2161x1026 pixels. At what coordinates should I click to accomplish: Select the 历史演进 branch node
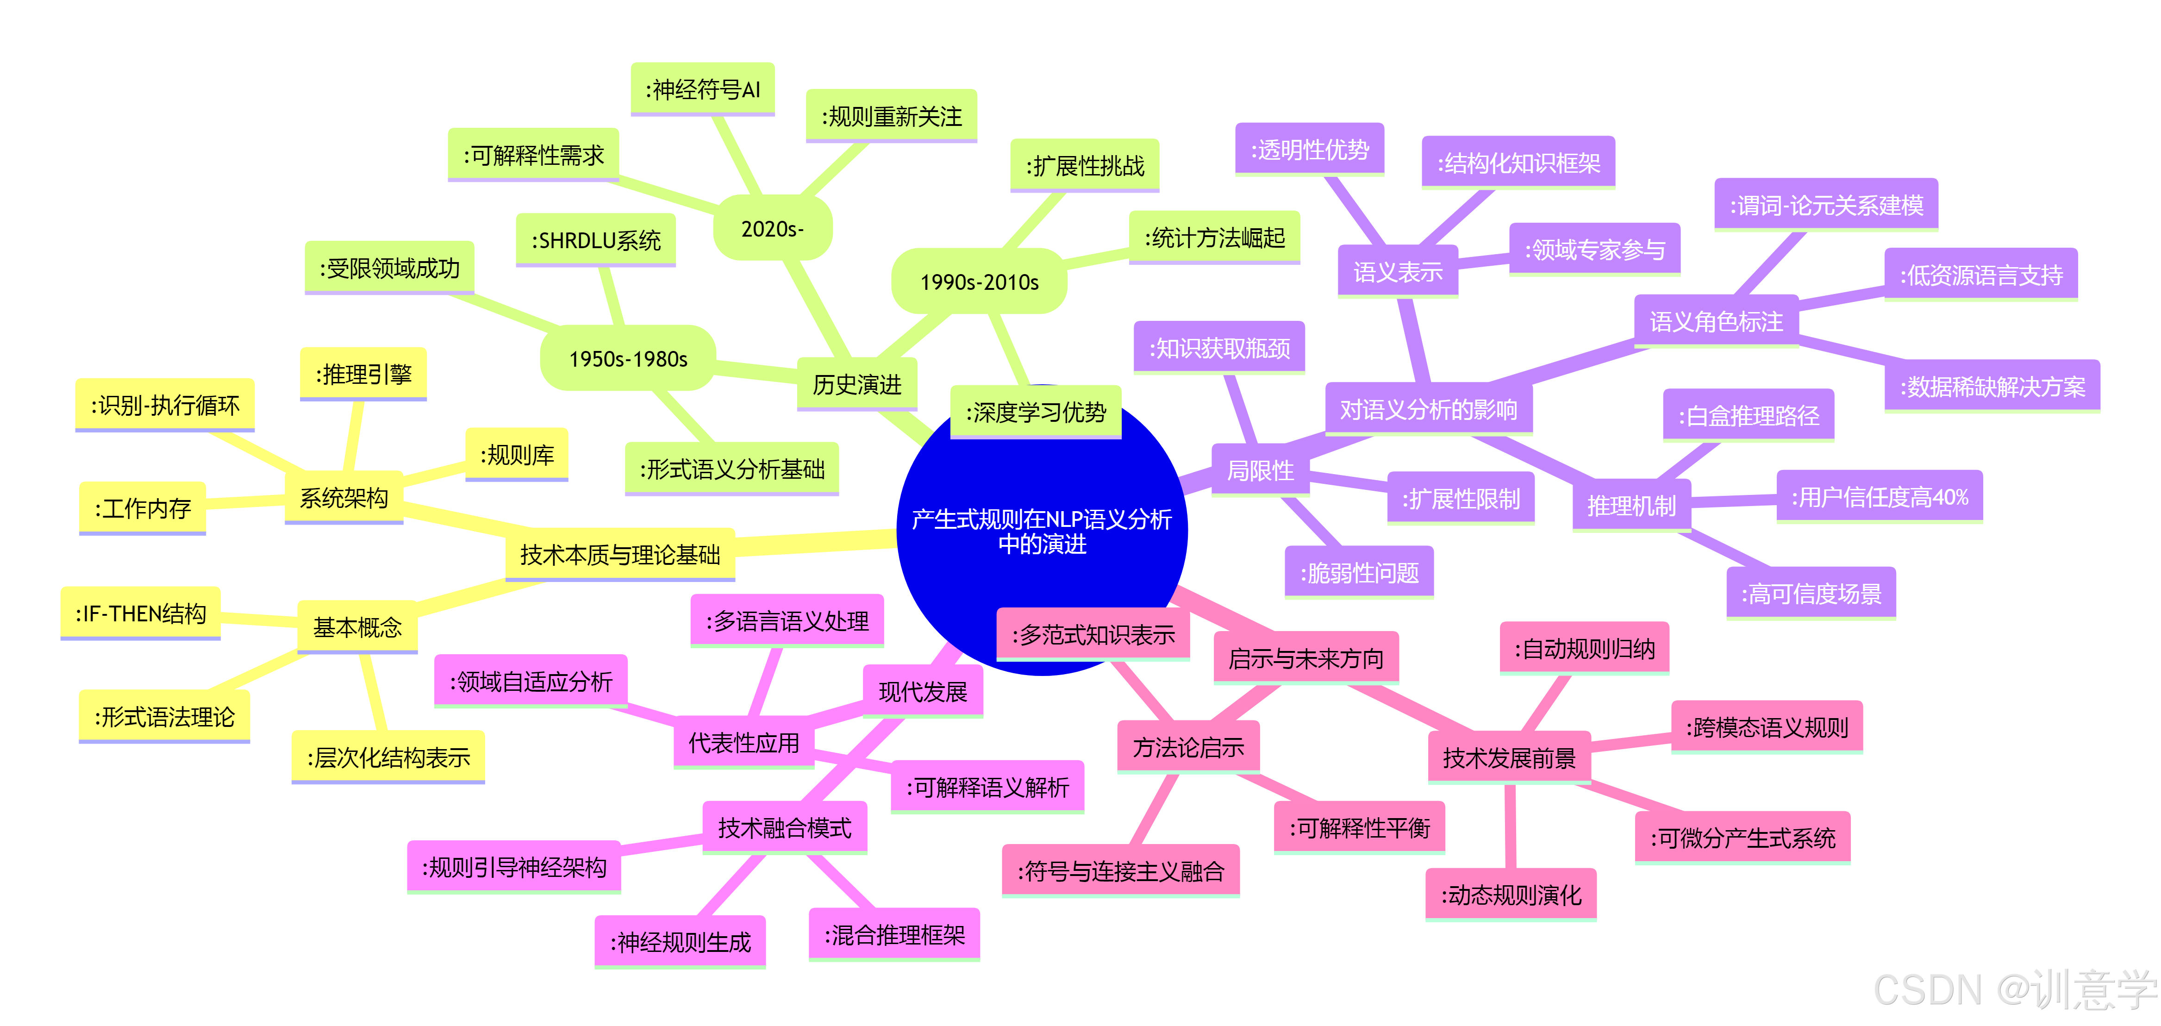coord(856,384)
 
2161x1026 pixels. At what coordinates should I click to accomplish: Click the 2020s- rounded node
coord(772,228)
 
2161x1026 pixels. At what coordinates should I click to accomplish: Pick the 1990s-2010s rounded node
coord(979,282)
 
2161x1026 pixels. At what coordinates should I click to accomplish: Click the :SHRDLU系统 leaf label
coord(596,241)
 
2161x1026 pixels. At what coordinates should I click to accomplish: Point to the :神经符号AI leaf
coord(702,89)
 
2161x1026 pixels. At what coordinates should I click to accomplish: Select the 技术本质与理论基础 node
coord(620,555)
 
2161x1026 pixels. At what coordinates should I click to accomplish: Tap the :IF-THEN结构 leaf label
coord(140,613)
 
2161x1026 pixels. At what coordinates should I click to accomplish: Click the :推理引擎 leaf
coord(363,374)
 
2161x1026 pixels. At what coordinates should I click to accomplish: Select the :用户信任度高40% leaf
coord(1879,497)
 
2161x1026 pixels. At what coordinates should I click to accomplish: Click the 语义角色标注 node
coord(1716,321)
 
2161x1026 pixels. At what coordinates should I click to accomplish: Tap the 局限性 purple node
coord(1260,470)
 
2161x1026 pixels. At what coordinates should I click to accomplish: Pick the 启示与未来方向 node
coord(1305,658)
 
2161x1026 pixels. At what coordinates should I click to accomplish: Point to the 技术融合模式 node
coord(784,828)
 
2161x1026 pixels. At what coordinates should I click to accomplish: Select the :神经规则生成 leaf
coord(681,942)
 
